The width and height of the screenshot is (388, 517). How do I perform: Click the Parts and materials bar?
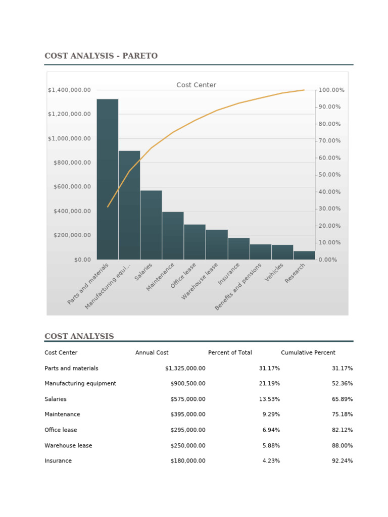[x=108, y=179]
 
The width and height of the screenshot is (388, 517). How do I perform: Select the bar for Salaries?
[x=151, y=225]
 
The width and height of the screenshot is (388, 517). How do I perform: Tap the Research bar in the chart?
[x=304, y=255]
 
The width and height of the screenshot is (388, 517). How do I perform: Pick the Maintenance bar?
[x=173, y=235]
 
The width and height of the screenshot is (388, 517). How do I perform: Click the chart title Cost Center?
[x=196, y=85]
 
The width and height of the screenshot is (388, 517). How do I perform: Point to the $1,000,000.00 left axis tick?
[x=70, y=138]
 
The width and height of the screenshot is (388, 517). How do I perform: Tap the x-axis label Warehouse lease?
[x=200, y=281]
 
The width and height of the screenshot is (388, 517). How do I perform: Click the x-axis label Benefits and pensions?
[x=238, y=286]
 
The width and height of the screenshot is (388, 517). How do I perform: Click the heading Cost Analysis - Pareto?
[x=101, y=56]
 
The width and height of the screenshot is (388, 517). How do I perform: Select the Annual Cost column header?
[x=152, y=352]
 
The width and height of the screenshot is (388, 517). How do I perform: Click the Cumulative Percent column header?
[x=308, y=352]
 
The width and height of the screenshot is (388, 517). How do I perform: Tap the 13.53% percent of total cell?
[x=269, y=399]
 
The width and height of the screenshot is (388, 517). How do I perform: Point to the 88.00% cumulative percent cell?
[x=342, y=446]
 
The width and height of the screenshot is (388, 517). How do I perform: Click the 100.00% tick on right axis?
[x=331, y=90]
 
